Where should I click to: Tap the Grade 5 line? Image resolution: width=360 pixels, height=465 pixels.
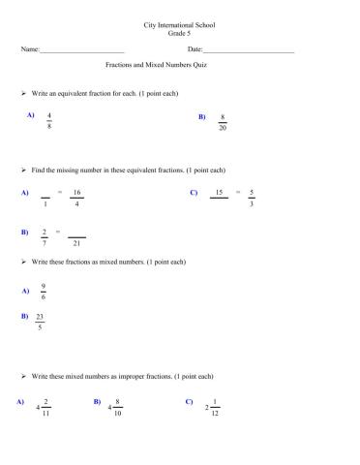(x=180, y=32)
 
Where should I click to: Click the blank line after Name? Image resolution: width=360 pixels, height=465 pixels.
(x=83, y=50)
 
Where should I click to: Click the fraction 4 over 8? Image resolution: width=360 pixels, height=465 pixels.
(x=49, y=120)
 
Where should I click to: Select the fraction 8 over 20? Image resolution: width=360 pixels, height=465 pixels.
(x=223, y=121)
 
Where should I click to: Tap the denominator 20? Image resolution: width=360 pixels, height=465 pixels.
(x=223, y=128)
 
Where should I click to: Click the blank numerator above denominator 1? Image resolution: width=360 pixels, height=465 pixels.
(x=45, y=193)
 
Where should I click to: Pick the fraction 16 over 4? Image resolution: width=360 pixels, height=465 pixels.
(x=76, y=198)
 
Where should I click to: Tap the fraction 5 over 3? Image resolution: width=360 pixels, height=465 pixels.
(x=252, y=198)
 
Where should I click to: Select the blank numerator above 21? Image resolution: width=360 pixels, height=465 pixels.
(x=76, y=232)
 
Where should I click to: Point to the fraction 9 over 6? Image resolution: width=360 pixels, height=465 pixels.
(x=44, y=291)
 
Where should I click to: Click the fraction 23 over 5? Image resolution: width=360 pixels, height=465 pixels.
(x=40, y=322)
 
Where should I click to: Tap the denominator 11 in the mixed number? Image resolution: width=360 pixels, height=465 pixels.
(x=45, y=413)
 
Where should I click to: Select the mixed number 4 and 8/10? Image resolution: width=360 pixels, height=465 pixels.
(x=115, y=407)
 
